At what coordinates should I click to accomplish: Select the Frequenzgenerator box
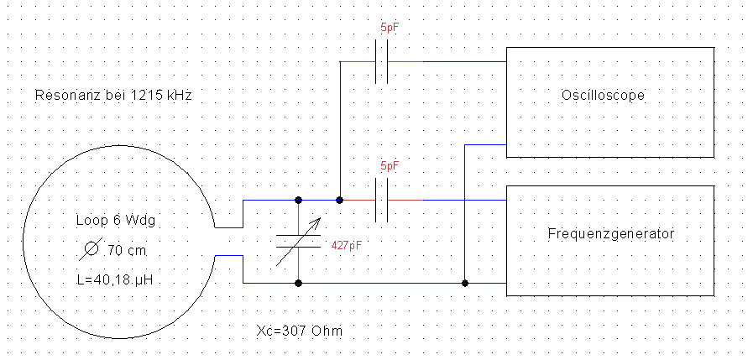610,240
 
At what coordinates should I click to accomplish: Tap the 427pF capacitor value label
347,247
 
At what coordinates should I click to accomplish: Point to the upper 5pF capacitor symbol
382,63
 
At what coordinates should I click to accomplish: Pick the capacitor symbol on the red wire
382,201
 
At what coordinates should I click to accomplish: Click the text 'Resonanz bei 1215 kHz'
113,96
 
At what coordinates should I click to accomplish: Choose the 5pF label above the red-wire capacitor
389,167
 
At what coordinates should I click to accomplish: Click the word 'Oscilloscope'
602,96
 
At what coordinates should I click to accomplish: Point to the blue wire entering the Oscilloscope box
487,145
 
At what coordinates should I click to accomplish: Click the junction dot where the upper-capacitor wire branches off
339,201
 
